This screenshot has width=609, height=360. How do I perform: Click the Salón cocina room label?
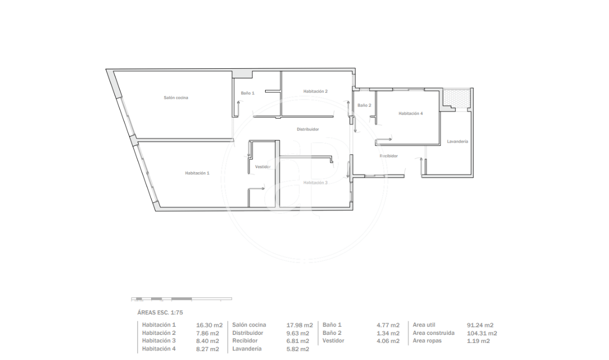[176, 97]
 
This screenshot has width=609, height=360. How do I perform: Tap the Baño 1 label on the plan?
[248, 93]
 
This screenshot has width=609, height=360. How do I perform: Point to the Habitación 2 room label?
[315, 91]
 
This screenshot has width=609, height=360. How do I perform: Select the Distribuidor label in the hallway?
[308, 130]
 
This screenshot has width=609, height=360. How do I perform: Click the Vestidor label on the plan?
[263, 167]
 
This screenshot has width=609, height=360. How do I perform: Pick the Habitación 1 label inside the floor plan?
[197, 173]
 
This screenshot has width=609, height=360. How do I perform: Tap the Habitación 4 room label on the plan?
[411, 113]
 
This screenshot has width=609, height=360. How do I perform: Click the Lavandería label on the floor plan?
[457, 142]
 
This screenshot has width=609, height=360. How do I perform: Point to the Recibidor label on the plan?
[389, 156]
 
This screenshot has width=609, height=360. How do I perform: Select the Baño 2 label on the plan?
[364, 105]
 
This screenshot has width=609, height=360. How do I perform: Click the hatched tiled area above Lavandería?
[457, 97]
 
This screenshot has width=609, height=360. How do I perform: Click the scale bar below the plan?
[182, 299]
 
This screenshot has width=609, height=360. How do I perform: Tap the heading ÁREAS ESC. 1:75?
[160, 313]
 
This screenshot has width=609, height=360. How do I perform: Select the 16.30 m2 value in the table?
[209, 325]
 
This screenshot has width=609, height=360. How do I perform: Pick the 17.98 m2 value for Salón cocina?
[300, 325]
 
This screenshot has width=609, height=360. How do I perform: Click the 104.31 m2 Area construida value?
[482, 333]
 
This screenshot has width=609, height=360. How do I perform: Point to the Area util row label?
[424, 325]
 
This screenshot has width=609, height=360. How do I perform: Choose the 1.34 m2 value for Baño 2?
[388, 333]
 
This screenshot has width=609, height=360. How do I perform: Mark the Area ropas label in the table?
[427, 341]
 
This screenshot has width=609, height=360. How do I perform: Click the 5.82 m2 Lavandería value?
[298, 349]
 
